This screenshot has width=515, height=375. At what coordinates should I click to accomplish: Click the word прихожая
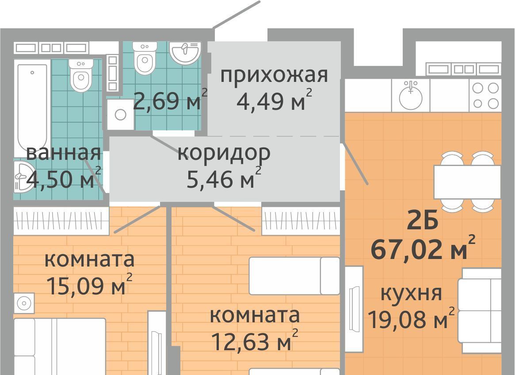pyautogui.click(x=274, y=76)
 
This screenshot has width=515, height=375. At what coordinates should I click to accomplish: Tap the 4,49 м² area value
pyautogui.click(x=274, y=100)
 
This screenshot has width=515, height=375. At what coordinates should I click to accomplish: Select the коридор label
pyautogui.click(x=224, y=153)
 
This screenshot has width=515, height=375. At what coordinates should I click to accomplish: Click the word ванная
pyautogui.click(x=63, y=153)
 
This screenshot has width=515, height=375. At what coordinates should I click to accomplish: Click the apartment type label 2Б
pyautogui.click(x=422, y=221)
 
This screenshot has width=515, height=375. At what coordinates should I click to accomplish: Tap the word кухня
pyautogui.click(x=411, y=294)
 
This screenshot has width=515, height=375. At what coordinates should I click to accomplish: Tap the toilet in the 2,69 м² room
pyautogui.click(x=145, y=58)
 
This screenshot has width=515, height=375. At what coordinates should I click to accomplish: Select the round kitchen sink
pyautogui.click(x=411, y=95)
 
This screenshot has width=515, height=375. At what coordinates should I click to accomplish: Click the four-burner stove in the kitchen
pyautogui.click(x=485, y=95)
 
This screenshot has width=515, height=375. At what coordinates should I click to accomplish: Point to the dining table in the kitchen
pyautogui.click(x=467, y=182)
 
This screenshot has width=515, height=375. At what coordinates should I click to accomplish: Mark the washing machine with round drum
pyautogui.click(x=121, y=115)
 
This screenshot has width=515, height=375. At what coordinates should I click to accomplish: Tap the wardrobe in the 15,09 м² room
pyautogui.click(x=61, y=221)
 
